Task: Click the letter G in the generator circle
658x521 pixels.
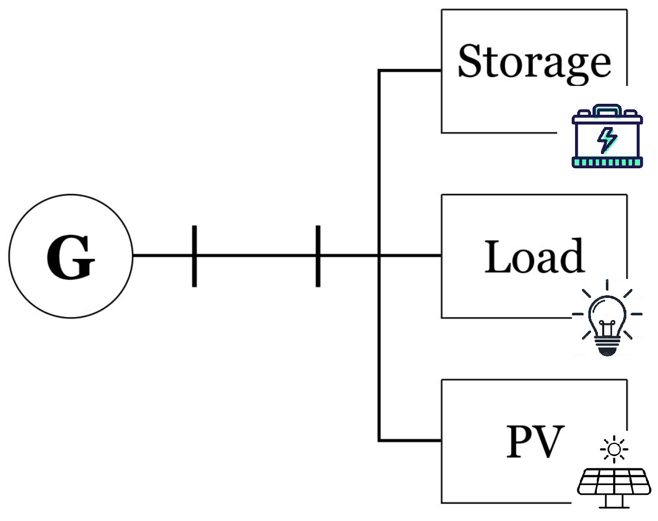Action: click(x=71, y=257)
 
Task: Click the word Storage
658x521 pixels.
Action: click(x=534, y=62)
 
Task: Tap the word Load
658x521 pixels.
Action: click(x=534, y=257)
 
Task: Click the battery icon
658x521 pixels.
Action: click(x=607, y=137)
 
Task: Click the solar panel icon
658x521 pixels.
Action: click(x=614, y=483)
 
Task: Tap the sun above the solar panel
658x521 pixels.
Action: click(x=614, y=449)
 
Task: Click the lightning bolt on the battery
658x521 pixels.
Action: click(x=607, y=139)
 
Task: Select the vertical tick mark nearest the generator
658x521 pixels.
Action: click(x=194, y=256)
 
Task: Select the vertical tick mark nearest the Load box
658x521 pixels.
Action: click(x=318, y=256)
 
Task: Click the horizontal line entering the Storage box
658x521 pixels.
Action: click(x=410, y=70)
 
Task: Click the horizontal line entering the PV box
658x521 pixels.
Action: click(x=410, y=440)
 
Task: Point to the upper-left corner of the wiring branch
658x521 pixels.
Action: click(x=379, y=70)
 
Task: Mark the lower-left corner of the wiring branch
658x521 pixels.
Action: click(x=379, y=440)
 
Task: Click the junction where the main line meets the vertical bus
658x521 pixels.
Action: click(x=379, y=256)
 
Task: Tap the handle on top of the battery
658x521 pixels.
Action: click(x=607, y=109)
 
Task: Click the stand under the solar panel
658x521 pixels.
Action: click(x=614, y=503)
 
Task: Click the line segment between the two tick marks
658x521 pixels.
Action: click(x=256, y=256)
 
